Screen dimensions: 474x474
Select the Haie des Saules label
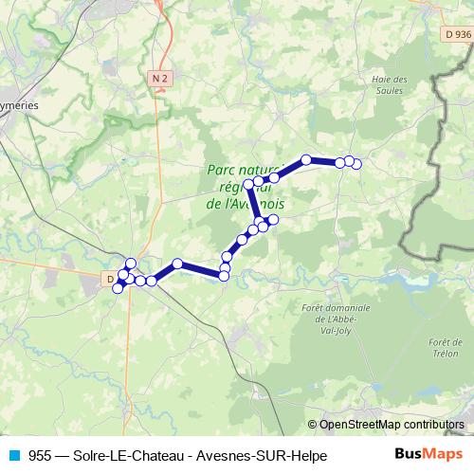pyautogui.click(x=389, y=84)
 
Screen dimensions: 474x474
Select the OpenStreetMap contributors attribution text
pyautogui.click(x=392, y=425)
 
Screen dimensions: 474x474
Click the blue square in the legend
pyautogui.click(x=12, y=455)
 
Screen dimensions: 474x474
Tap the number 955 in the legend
pyautogui.click(x=40, y=456)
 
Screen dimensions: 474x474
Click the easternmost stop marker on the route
pyautogui.click(x=356, y=165)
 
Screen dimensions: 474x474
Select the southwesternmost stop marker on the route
pyautogui.click(x=118, y=288)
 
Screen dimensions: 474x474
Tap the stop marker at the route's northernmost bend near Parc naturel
pyautogui.click(x=306, y=160)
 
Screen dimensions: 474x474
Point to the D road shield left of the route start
pyautogui.click(x=111, y=278)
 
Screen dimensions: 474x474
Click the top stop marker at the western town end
pyautogui.click(x=131, y=264)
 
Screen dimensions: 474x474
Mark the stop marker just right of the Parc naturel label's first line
pyautogui.click(x=275, y=177)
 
